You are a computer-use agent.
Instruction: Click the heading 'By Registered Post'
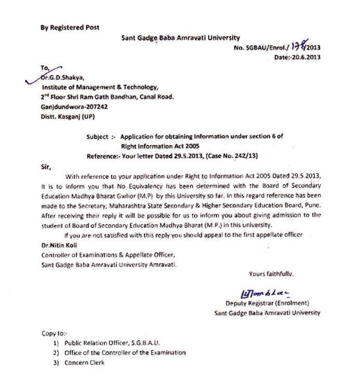(x=70, y=28)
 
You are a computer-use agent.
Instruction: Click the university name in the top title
(x=180, y=37)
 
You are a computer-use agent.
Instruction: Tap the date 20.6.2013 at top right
(x=298, y=58)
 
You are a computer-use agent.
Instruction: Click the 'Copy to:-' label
(x=54, y=333)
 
